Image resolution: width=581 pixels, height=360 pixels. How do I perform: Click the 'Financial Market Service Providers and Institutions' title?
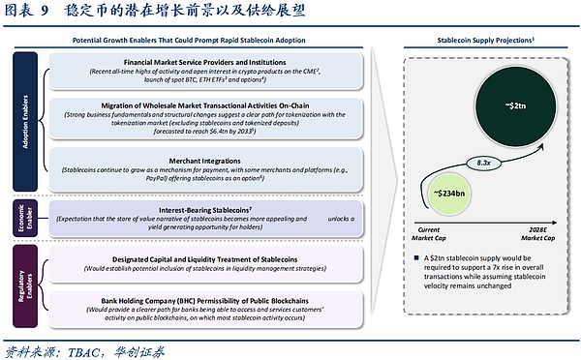click(203, 61)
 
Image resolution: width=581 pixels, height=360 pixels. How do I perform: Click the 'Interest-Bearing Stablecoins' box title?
click(203, 209)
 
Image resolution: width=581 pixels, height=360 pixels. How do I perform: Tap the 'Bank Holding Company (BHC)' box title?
click(203, 301)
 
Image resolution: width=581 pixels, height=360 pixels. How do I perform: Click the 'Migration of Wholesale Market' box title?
click(203, 105)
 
